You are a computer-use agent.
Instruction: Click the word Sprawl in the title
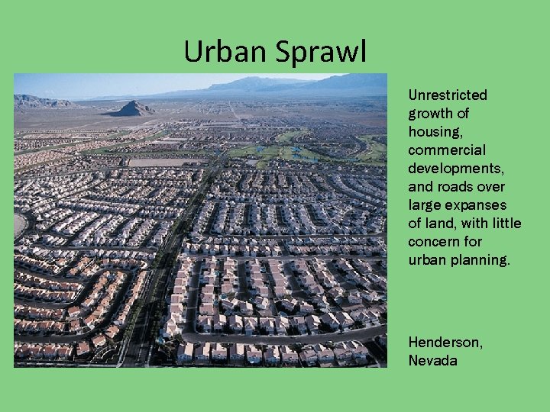click(323, 51)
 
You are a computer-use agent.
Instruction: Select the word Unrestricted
click(448, 95)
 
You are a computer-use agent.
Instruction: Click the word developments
click(452, 169)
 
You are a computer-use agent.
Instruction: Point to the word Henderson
click(445, 343)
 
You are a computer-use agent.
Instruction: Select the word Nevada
click(432, 361)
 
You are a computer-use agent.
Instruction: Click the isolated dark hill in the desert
click(134, 108)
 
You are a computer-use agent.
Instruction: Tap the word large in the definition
click(425, 205)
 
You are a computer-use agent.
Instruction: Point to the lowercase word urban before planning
click(425, 260)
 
